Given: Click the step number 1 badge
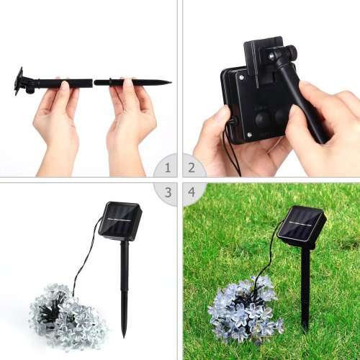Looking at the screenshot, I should pyautogui.click(x=167, y=168).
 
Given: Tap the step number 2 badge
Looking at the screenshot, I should pyautogui.click(x=192, y=168).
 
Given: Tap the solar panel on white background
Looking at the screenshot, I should pyautogui.click(x=120, y=220).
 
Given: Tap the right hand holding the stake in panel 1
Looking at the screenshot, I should pyautogui.click(x=131, y=119).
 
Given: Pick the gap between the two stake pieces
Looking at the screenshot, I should pyautogui.click(x=94, y=82).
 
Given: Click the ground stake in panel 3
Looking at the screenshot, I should pyautogui.click(x=125, y=288).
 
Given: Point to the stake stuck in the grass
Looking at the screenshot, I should pyautogui.click(x=305, y=288).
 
